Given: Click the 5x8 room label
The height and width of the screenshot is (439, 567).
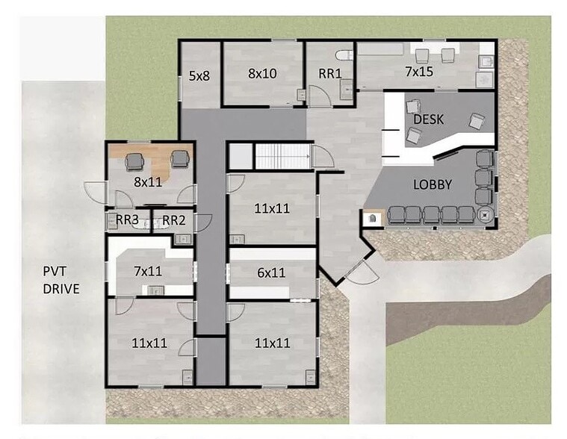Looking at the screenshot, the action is [x=199, y=76].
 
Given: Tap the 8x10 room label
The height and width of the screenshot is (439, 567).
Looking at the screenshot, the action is [x=262, y=73].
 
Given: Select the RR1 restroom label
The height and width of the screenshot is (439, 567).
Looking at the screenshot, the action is [x=329, y=73].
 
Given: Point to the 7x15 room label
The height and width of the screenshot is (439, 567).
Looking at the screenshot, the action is [x=419, y=72].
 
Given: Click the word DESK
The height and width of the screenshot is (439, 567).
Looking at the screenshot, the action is [x=429, y=119].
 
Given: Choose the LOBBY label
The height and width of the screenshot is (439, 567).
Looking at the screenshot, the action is [x=433, y=184].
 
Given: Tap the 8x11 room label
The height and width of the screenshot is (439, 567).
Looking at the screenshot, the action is [x=148, y=181].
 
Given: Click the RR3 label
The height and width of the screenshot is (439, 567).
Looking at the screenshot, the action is [x=127, y=219].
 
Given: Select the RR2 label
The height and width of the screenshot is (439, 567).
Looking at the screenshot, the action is [x=173, y=220].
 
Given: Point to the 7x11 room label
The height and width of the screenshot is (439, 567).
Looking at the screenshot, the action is [x=148, y=271].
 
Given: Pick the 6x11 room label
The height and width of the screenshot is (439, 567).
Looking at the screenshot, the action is [x=271, y=273].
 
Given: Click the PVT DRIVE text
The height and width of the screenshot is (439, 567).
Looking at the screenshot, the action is [x=61, y=280].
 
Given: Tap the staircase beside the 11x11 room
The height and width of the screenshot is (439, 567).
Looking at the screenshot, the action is [x=283, y=156].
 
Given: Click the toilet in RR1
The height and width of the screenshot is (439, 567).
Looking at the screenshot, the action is [x=344, y=55].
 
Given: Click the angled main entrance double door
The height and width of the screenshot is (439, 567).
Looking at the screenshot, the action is [x=362, y=272].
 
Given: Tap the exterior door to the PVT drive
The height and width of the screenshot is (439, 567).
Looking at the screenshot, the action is [x=95, y=193].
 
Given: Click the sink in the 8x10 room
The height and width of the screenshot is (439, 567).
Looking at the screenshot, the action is [x=301, y=95].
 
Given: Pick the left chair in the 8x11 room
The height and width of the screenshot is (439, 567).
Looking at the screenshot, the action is [x=134, y=161].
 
